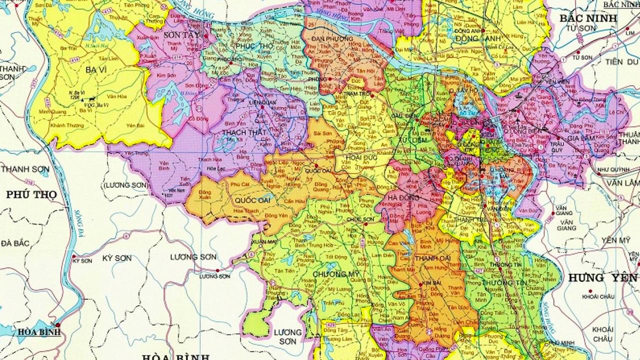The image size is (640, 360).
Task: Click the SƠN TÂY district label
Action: (x=181, y=35)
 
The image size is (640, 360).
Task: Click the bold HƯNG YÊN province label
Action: (x=602, y=278)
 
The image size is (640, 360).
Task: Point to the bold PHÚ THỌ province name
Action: (x=31, y=194)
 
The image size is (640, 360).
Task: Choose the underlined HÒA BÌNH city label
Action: (x=39, y=331)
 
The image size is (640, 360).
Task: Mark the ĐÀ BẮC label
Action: (x=15, y=243)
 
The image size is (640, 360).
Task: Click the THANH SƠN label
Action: (x=25, y=169)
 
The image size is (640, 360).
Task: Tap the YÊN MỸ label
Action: (x=616, y=240)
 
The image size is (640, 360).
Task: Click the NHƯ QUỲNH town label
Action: (x=611, y=169)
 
